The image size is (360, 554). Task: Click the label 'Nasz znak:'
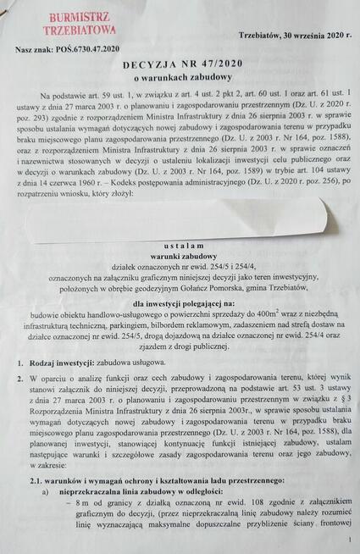(x=35, y=50)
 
